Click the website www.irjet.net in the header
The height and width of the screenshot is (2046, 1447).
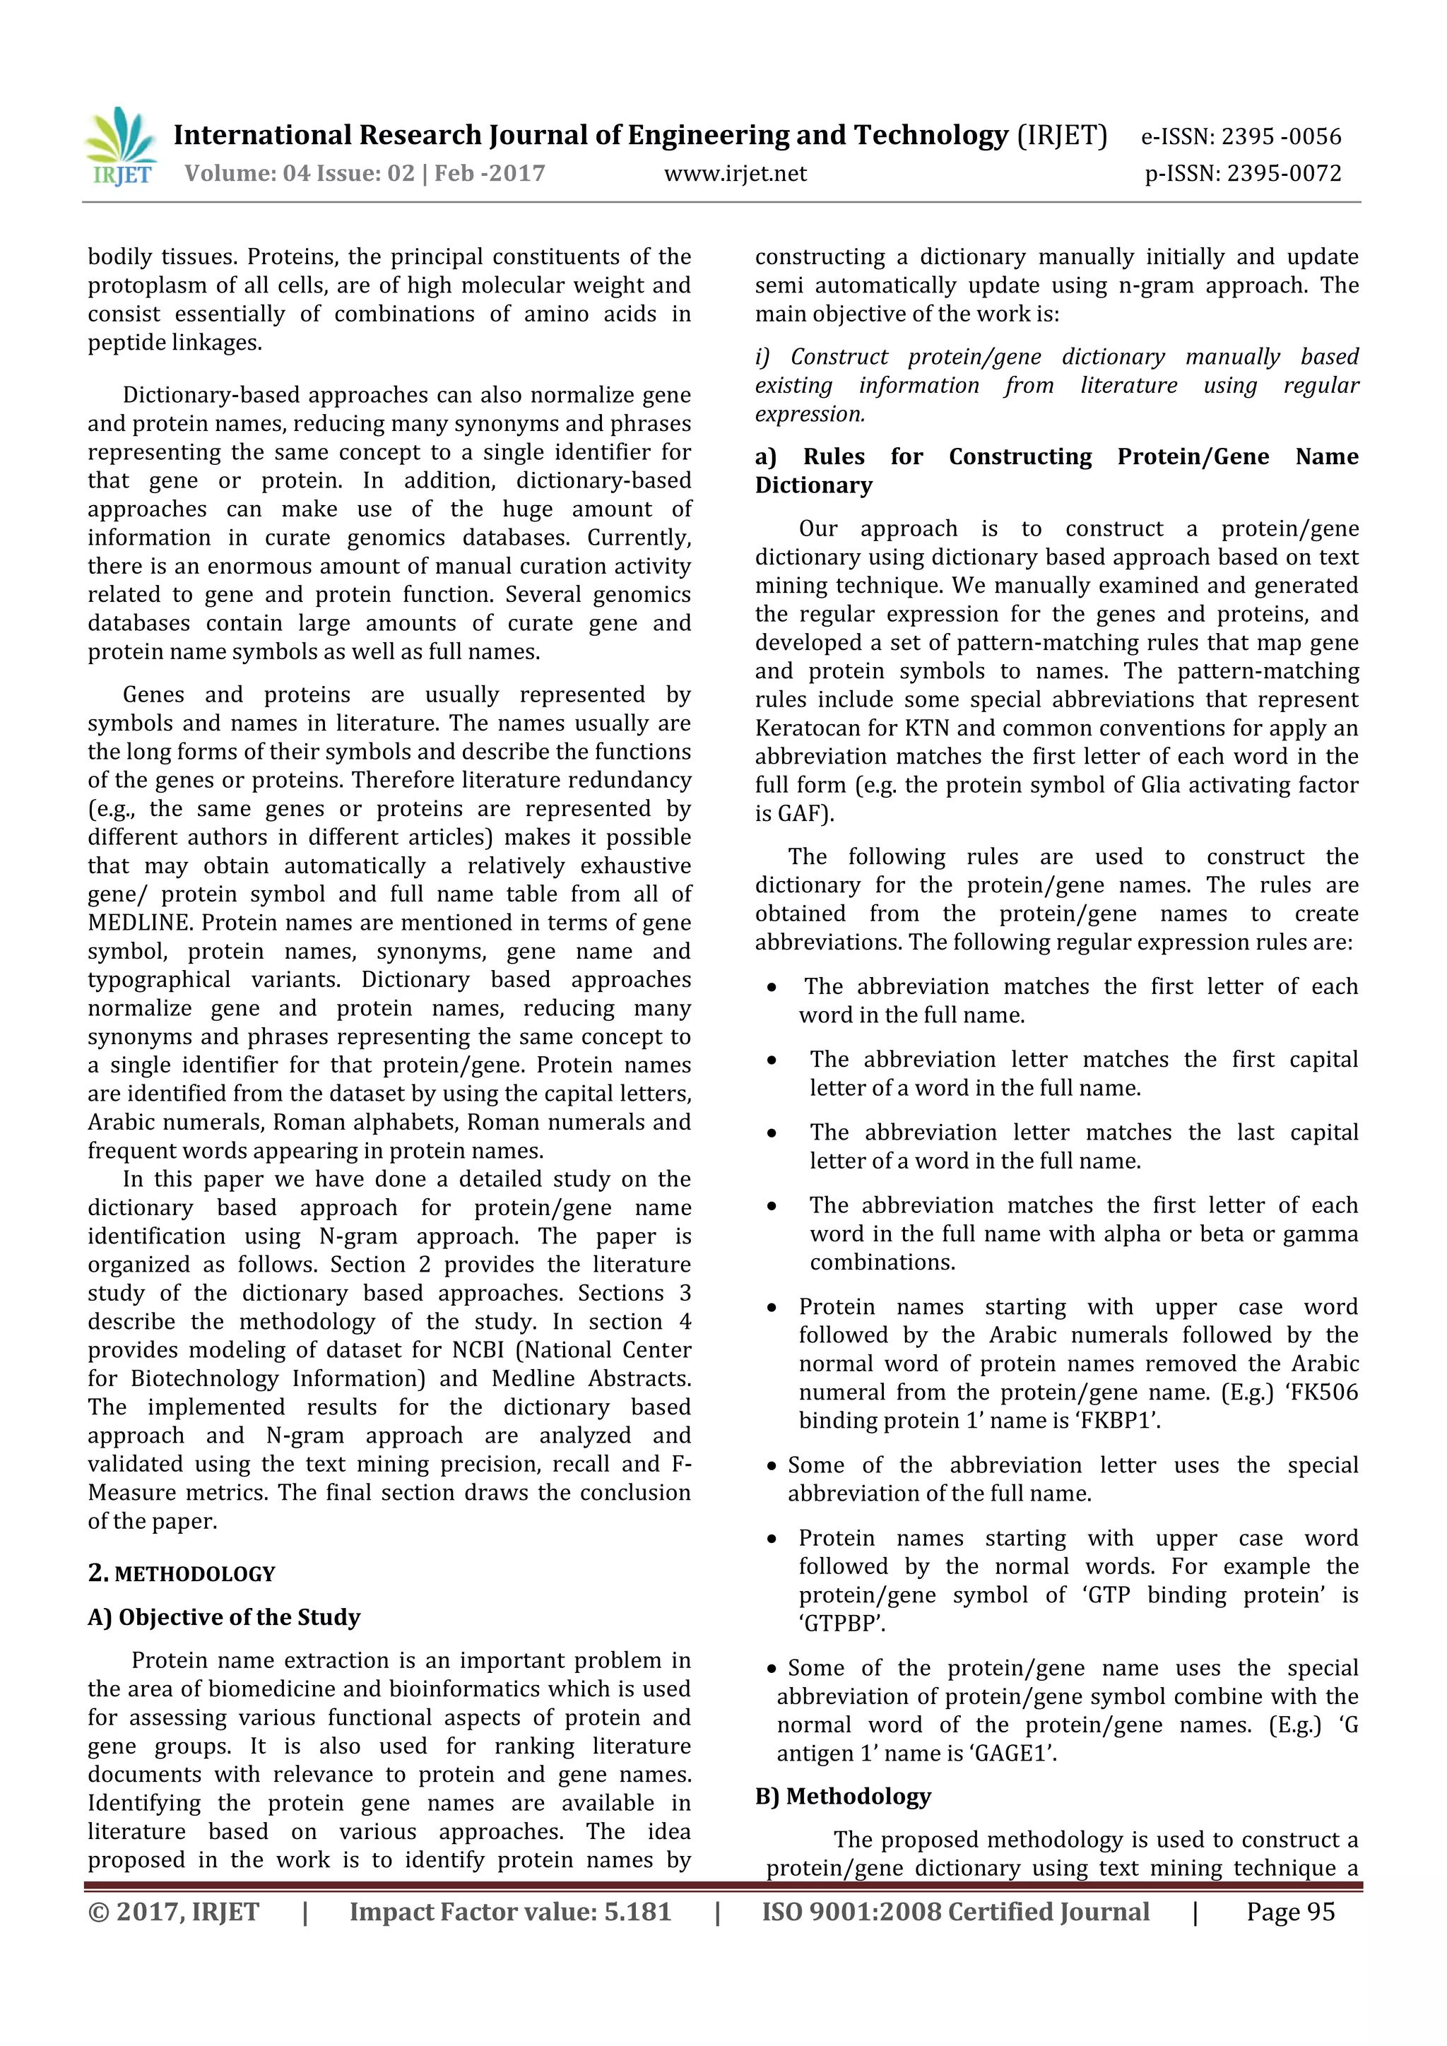(735, 174)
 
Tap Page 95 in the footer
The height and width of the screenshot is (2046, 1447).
(1290, 1912)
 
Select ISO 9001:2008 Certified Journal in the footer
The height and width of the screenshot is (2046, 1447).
(955, 1912)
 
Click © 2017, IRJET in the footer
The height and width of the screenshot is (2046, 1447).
(173, 1912)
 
